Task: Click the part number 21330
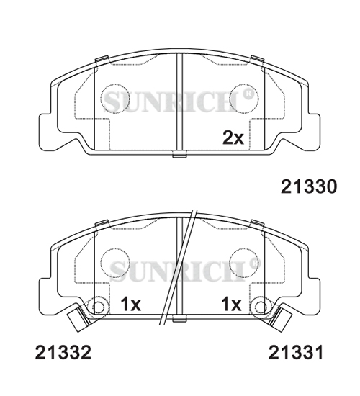point(309,186)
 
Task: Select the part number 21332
point(63,352)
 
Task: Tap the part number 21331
point(296,352)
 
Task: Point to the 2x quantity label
point(233,138)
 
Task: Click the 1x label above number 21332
point(130,304)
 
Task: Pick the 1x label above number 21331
point(231,304)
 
